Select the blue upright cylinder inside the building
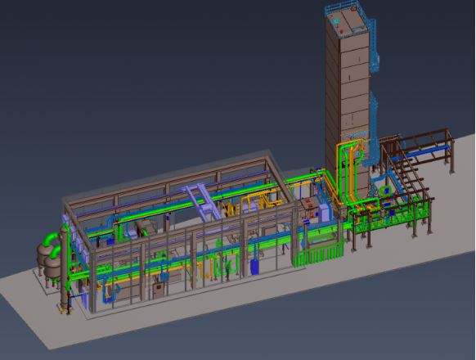(255, 266)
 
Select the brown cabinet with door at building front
(157, 289)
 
